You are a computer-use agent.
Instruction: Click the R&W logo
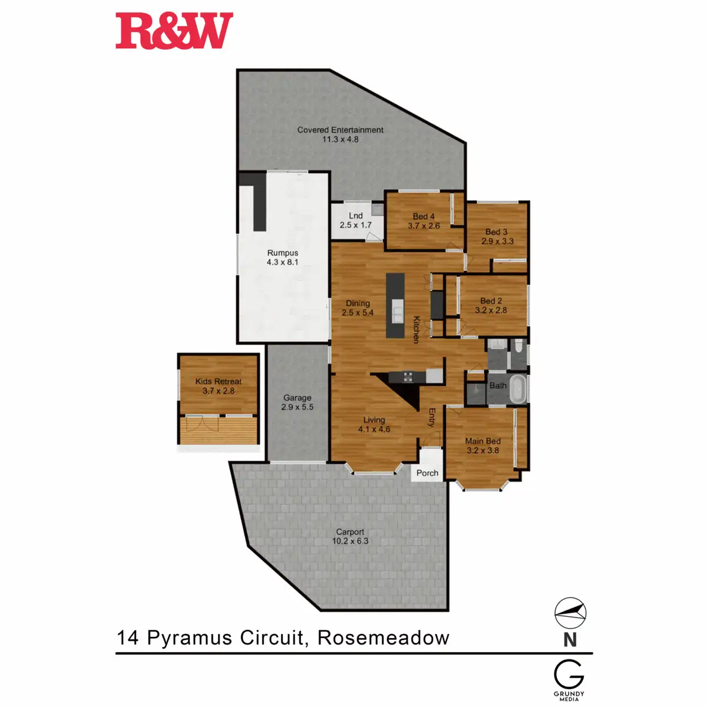coord(174,31)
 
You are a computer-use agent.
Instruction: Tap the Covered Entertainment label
coord(340,134)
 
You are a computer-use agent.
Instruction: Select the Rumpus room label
coord(283,257)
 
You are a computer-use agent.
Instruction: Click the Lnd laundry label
coord(355,220)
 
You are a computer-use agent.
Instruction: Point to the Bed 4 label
coord(424,221)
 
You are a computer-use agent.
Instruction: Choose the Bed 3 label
coord(497,236)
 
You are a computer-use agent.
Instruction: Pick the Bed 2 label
coord(491,305)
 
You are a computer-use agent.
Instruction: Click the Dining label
coord(358,308)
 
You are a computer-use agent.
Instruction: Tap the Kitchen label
coord(416,330)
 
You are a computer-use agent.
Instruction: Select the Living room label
coord(374,424)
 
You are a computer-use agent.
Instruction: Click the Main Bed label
coord(483,445)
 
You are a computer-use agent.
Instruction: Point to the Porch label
coord(427,473)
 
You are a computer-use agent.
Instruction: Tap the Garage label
coord(297,402)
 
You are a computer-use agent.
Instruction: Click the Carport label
coord(350,536)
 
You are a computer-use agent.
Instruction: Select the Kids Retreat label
coord(218,386)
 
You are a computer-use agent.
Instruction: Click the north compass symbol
coord(570,613)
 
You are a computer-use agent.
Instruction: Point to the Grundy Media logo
coord(569,679)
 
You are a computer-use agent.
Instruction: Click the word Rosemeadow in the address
coord(383,637)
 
